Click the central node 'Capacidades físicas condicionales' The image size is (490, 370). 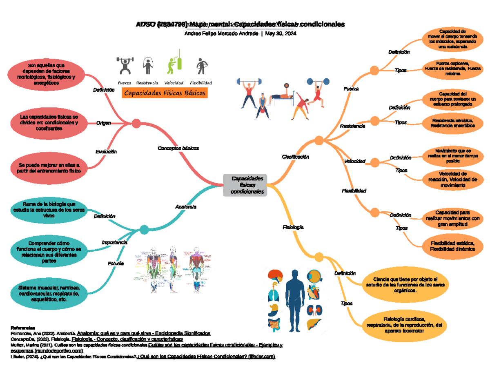tap(245, 185)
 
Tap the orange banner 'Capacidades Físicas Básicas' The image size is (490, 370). tap(165, 93)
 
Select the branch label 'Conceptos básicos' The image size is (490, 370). tap(178, 148)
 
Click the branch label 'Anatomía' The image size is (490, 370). tap(186, 207)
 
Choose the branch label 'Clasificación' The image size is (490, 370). tap(295, 157)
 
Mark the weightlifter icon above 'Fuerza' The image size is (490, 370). tap(125, 66)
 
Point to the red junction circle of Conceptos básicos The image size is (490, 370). tap(136, 123)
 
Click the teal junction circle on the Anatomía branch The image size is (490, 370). tap(144, 230)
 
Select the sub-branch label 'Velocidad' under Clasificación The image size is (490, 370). tap(354, 162)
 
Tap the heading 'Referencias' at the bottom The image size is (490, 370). tap(23, 328)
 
